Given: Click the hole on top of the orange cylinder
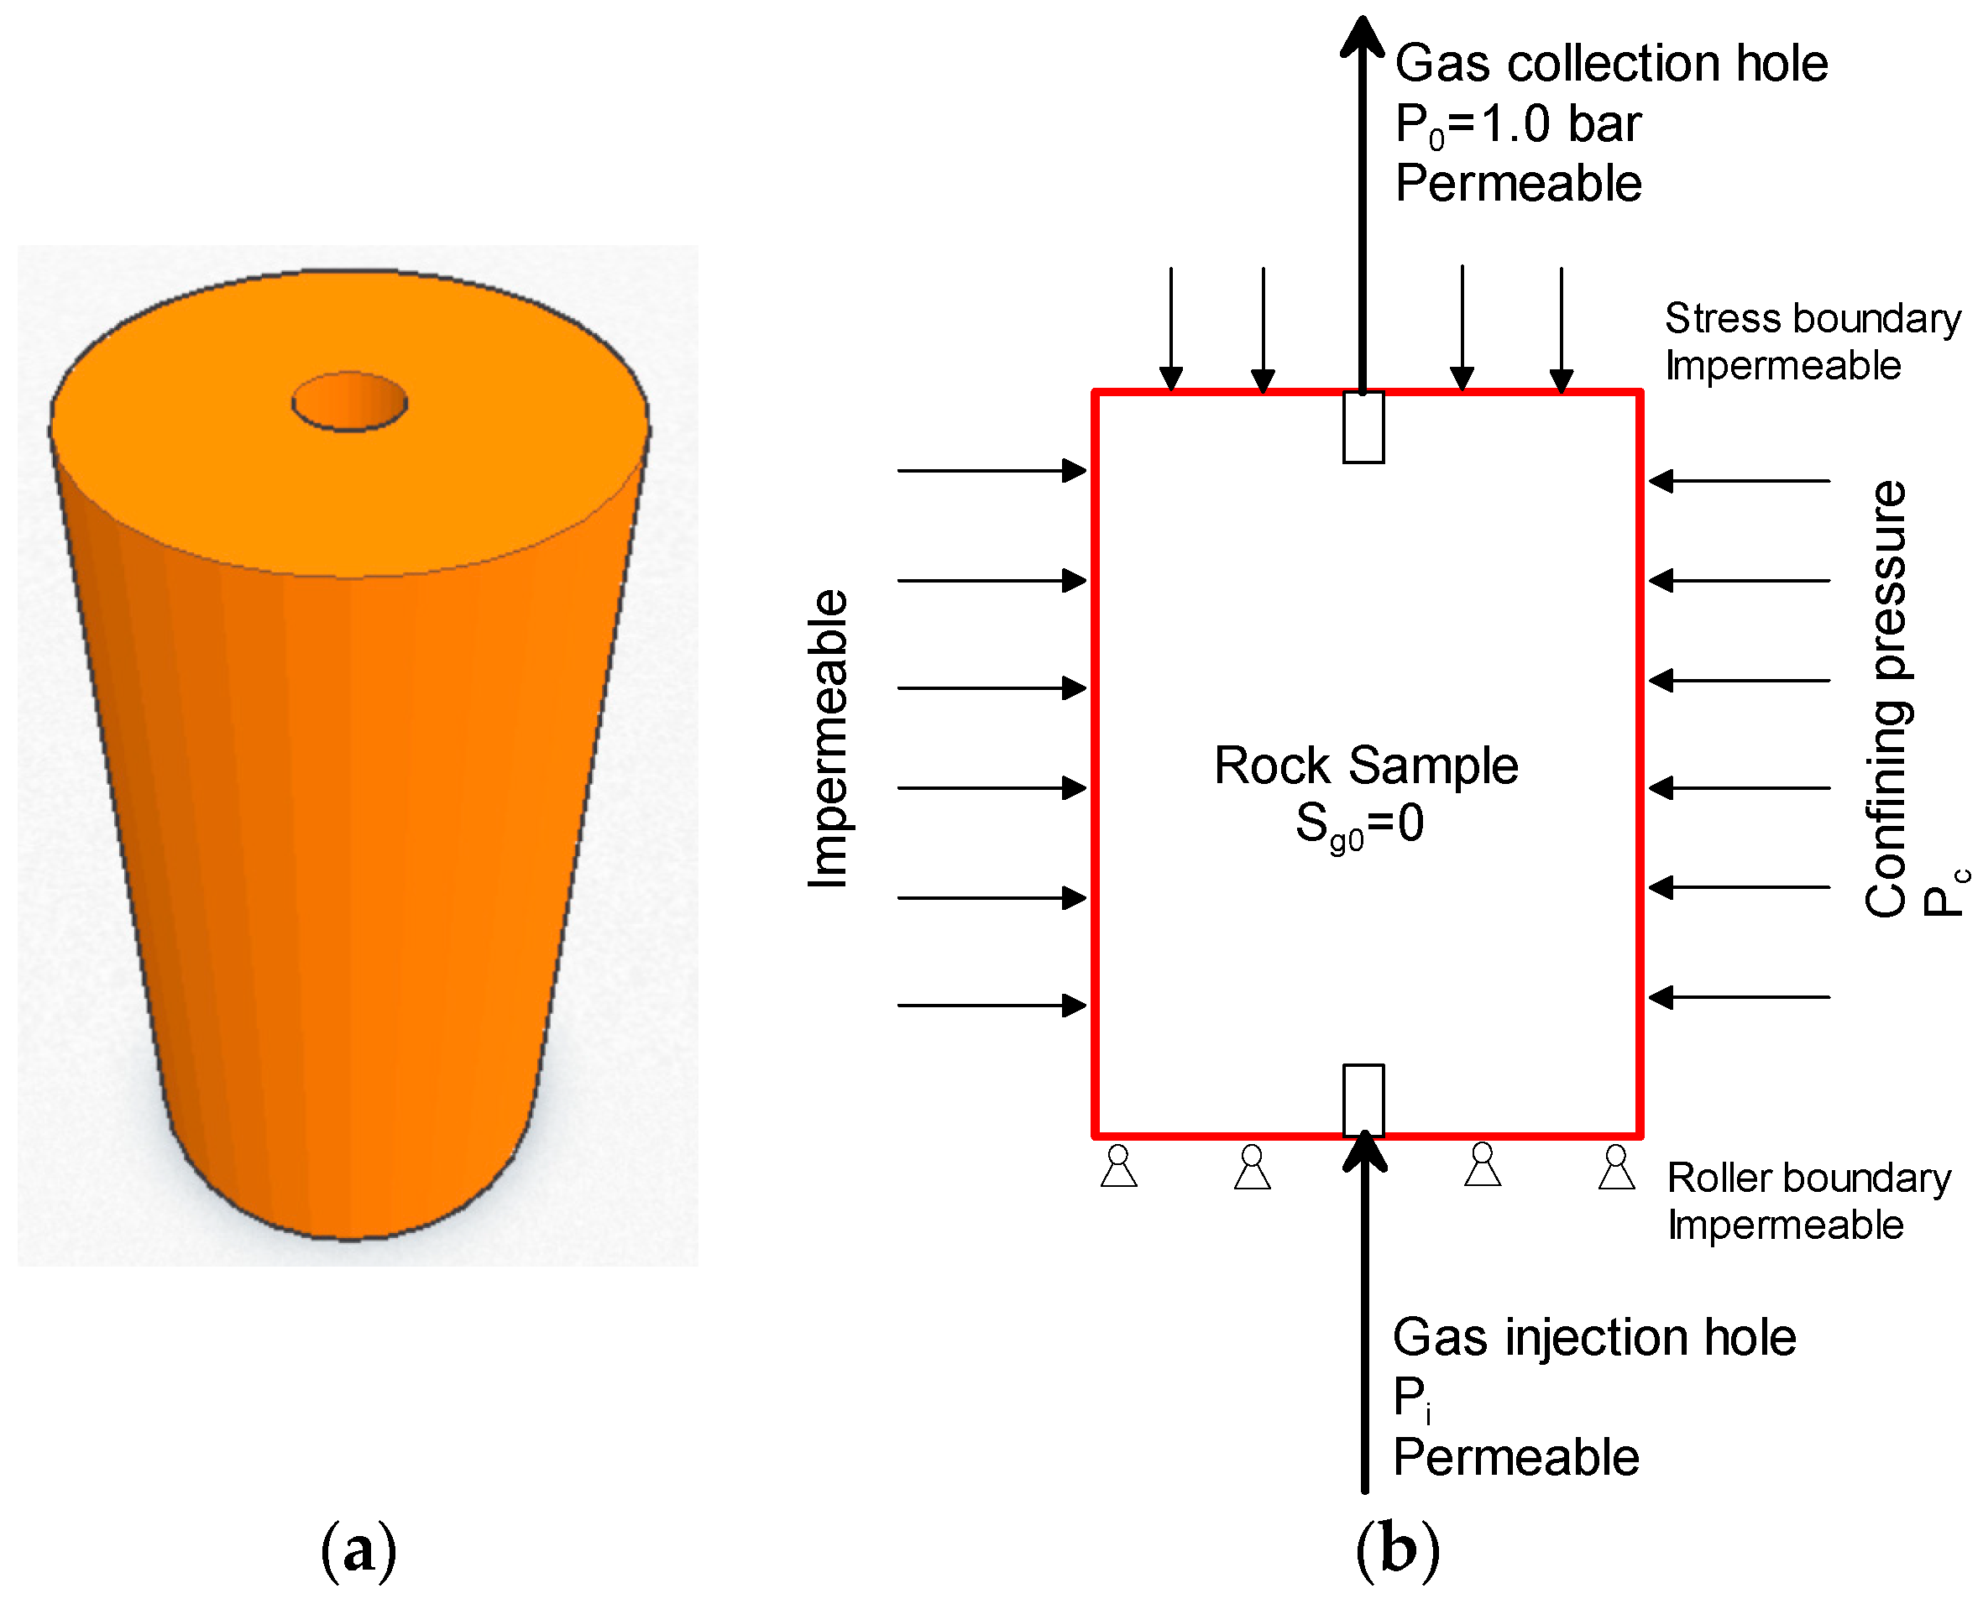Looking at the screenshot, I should [x=349, y=401].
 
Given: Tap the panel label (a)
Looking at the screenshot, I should [x=358, y=1550].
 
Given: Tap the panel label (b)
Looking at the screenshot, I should [x=1397, y=1550].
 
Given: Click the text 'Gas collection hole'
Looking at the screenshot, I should [x=1611, y=64].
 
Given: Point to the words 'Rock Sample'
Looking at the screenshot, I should [x=1365, y=766].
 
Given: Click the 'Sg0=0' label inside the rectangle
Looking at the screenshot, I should [x=1358, y=823].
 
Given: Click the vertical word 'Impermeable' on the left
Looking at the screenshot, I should [x=826, y=739].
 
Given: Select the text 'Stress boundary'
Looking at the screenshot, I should [x=1812, y=319].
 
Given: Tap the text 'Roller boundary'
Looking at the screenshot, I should [x=1808, y=1178].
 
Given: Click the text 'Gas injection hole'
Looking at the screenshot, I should [x=1593, y=1337].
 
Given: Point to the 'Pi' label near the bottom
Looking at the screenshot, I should [x=1410, y=1398].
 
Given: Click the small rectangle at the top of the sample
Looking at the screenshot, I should [x=1363, y=427].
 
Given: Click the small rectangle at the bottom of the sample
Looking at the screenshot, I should [x=1363, y=1100].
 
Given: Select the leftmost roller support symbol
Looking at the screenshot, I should [x=1118, y=1166].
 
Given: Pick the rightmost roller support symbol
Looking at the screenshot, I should [x=1615, y=1167].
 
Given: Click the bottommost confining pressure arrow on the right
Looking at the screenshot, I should [x=1738, y=996].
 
